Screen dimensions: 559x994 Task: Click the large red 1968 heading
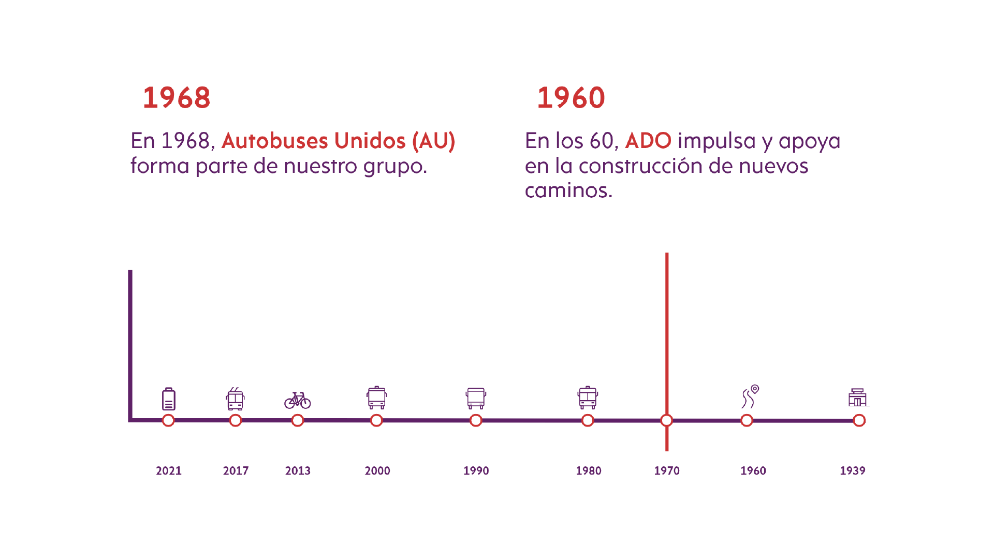[177, 98]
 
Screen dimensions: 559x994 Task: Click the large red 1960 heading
[571, 98]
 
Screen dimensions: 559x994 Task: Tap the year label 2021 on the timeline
[169, 470]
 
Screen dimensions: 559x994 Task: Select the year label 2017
[236, 470]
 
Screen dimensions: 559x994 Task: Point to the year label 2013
[298, 470]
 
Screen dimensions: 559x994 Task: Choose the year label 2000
[377, 470]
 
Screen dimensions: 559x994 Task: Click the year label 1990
[476, 470]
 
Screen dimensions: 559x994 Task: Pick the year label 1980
[589, 470]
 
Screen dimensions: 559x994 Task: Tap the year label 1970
[667, 470]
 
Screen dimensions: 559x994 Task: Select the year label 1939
[852, 470]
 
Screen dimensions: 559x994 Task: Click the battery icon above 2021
[169, 399]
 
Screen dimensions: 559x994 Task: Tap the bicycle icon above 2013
[298, 400]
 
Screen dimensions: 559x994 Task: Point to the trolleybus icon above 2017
[235, 399]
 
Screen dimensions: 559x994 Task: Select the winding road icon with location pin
[750, 397]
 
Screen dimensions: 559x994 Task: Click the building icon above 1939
[858, 398]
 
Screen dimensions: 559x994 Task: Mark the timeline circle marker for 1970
[667, 420]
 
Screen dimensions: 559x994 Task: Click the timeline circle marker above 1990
[476, 420]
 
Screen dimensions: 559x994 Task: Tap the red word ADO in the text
[648, 141]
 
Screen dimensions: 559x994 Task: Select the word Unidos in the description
[370, 141]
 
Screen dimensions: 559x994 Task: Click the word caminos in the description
[568, 190]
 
